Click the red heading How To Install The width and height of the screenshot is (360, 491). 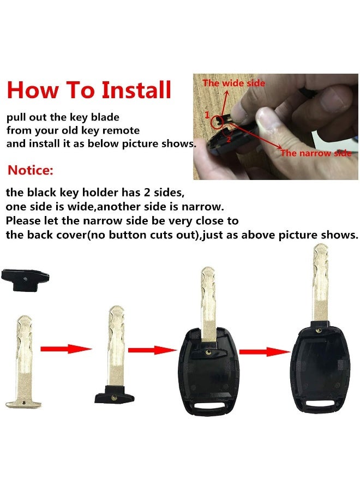point(89,90)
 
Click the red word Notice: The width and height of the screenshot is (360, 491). point(31,170)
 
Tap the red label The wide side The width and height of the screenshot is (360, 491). point(233,83)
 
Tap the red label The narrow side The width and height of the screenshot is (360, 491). point(316,153)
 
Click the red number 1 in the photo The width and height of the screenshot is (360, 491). point(207,115)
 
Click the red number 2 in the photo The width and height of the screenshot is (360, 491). point(228,139)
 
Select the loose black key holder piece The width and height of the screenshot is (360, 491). point(25,279)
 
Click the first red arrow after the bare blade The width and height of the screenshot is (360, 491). point(66,349)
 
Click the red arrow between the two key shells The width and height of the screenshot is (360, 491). point(265,352)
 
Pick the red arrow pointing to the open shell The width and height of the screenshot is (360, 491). point(152,350)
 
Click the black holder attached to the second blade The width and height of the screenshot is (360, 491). point(115,394)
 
